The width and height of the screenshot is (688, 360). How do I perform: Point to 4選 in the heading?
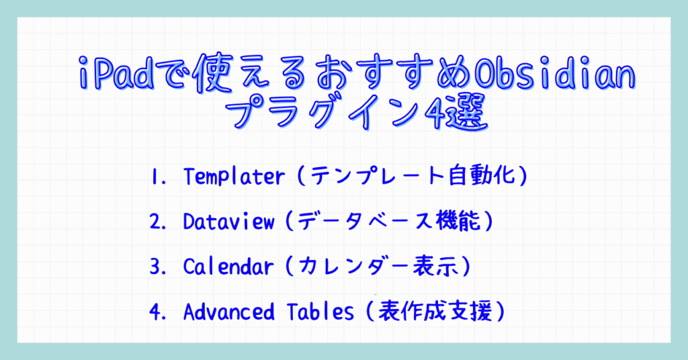457,111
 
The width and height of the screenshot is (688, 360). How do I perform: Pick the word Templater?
234,177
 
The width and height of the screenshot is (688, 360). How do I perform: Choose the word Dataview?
228,222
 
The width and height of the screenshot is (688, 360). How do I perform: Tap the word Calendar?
228,267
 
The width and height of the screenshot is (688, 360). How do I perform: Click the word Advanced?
228,312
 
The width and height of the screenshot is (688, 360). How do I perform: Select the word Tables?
320,312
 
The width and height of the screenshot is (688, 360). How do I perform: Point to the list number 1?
158,177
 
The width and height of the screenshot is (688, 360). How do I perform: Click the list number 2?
158,222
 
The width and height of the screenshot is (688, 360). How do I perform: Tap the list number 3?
158,267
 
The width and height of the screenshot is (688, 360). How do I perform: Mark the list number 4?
158,312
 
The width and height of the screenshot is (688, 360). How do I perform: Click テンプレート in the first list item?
378,176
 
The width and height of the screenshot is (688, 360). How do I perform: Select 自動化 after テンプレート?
482,176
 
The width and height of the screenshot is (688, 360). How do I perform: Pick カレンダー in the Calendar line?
353,267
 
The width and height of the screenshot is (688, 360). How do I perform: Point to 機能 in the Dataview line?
458,222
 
